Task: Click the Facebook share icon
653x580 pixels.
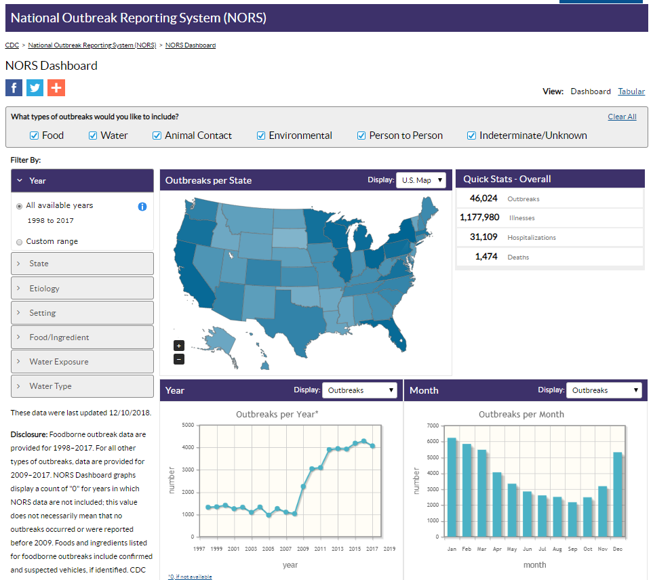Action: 14,87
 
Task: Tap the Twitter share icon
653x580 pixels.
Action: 35,87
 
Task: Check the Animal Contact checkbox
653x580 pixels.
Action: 157,136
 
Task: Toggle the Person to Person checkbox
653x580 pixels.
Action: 362,136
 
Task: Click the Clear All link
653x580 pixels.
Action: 622,117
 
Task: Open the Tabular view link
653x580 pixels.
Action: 631,91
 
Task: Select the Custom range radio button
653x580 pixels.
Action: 20,242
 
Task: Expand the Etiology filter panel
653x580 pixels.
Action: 82,288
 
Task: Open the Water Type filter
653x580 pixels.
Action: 82,386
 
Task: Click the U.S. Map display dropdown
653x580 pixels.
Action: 421,180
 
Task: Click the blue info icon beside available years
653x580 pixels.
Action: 142,207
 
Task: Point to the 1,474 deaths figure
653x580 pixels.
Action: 486,257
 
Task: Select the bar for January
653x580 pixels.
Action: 452,488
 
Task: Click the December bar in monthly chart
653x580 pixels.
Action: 618,495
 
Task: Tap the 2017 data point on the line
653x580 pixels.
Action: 372,446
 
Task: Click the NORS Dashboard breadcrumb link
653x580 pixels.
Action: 191,45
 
